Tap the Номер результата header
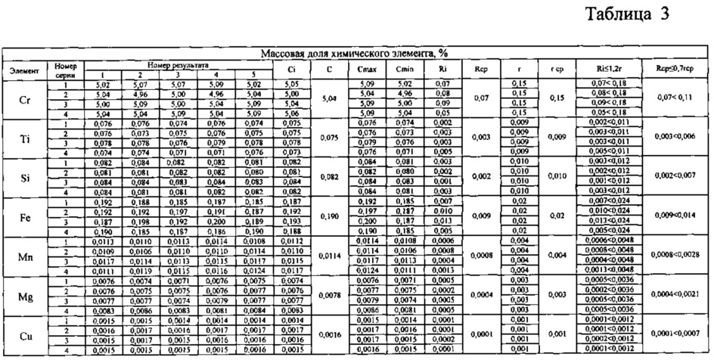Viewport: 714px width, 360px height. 178,66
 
